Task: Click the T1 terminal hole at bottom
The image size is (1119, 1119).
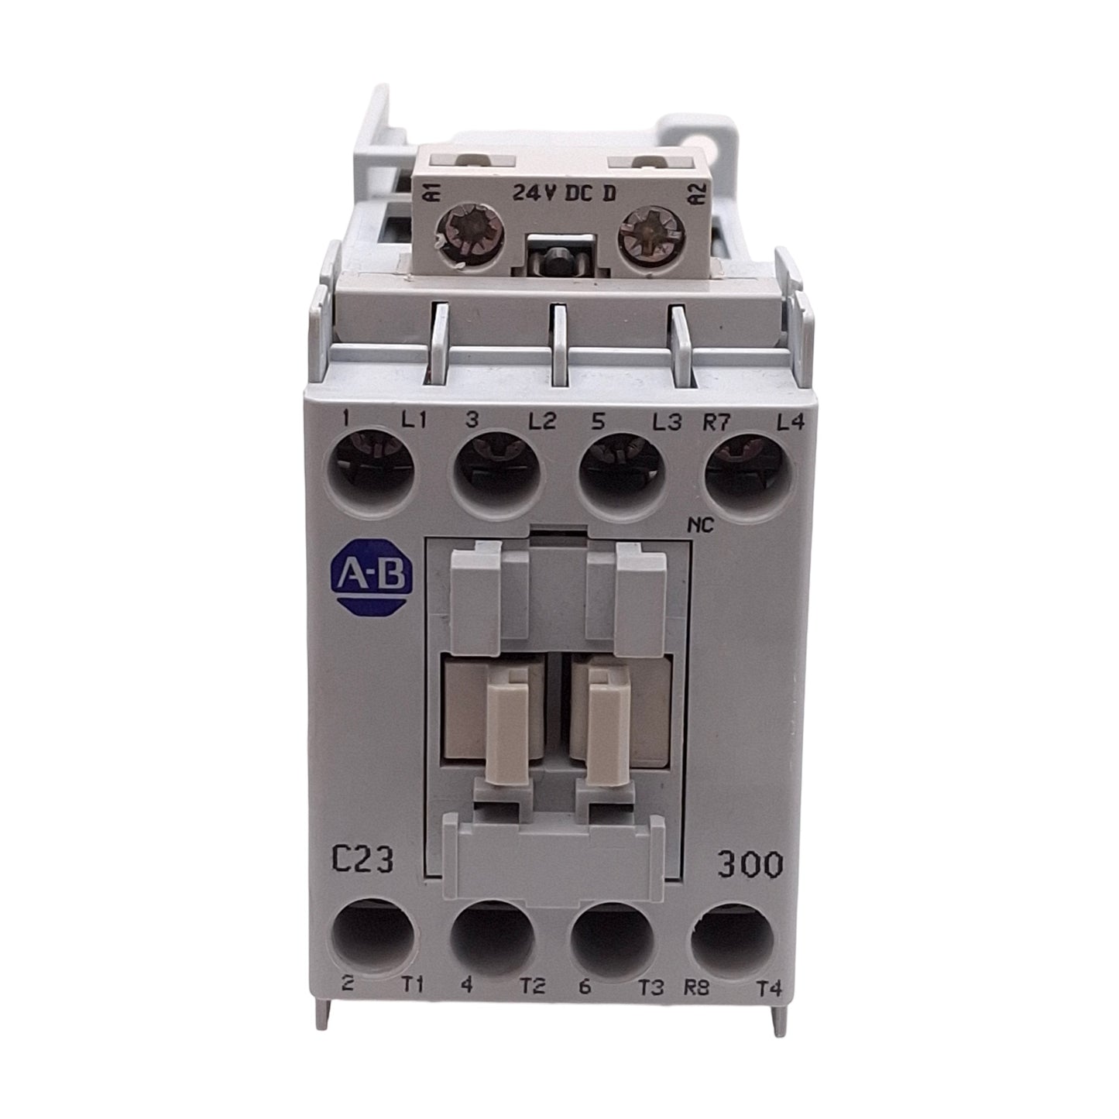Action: pyautogui.click(x=375, y=942)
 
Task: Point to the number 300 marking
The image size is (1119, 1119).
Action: pyautogui.click(x=748, y=864)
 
